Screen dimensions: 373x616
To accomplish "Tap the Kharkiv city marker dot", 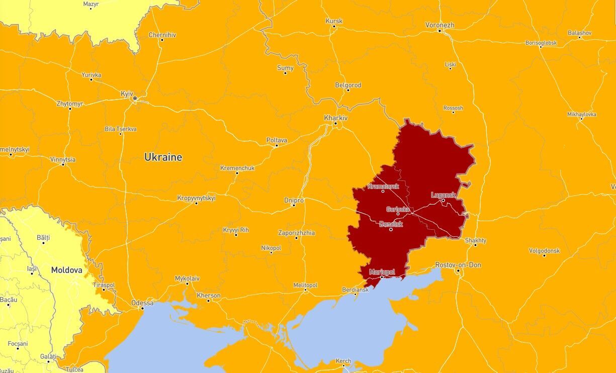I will (335, 124).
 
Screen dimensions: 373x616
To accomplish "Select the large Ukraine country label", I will (163, 157).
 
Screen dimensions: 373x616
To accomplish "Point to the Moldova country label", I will (66, 270).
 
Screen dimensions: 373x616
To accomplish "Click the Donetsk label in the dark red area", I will (391, 224).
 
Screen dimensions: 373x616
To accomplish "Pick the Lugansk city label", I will (443, 195).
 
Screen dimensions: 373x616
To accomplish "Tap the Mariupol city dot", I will (382, 277).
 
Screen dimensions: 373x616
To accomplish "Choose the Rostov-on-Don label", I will (458, 265).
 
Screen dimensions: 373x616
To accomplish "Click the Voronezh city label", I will (439, 25).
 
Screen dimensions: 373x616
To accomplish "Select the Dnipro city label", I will (294, 200).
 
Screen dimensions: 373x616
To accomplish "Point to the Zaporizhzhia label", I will (296, 233).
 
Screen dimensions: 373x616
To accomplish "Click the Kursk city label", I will (334, 21).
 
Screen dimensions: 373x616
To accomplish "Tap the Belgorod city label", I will (348, 85).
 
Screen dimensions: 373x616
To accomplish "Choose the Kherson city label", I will (208, 295).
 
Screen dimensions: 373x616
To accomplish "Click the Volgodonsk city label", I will (544, 250).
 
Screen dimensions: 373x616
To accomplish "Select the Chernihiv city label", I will (161, 35).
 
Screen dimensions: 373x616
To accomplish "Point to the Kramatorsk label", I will (383, 186).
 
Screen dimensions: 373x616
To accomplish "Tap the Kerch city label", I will (343, 361).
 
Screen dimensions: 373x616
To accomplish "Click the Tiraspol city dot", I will (104, 290).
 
